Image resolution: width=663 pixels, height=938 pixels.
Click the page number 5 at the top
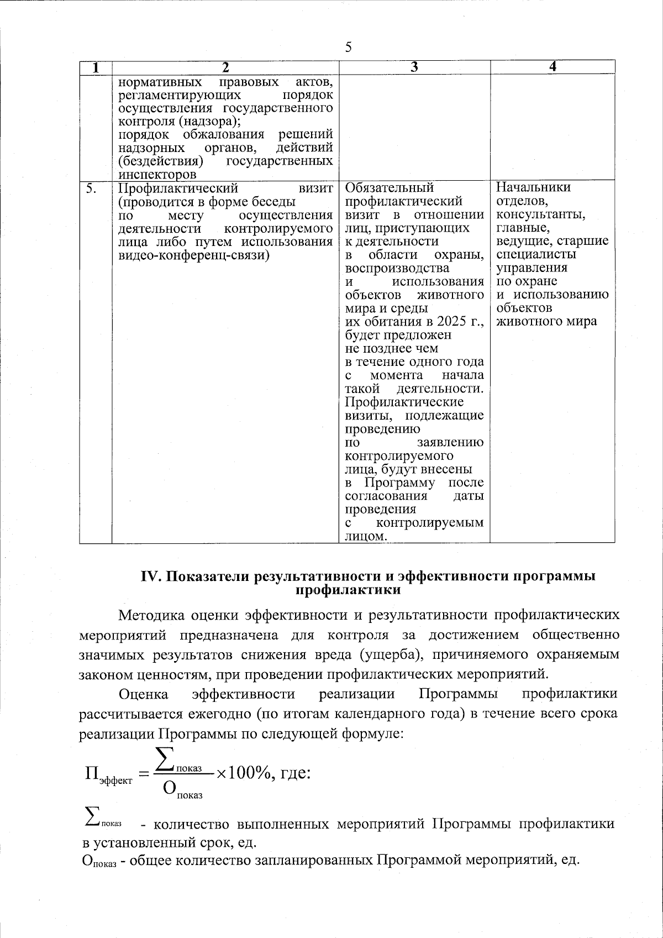[348, 48]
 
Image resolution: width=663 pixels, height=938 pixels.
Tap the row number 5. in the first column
[92, 189]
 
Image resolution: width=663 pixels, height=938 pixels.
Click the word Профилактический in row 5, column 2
[178, 189]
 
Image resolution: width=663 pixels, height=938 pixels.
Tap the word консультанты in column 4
[541, 214]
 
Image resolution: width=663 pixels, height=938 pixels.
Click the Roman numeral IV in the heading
[150, 576]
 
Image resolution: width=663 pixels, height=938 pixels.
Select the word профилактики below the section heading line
[349, 590]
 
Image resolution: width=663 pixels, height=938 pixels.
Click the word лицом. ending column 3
[366, 537]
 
